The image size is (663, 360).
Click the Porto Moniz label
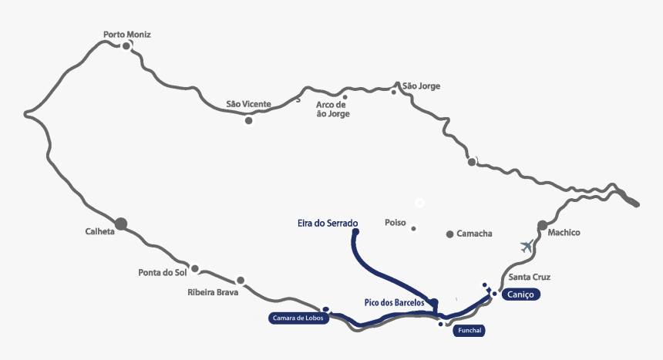(x=127, y=35)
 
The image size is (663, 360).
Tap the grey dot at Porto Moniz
(x=126, y=46)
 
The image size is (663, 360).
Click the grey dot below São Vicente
(x=248, y=120)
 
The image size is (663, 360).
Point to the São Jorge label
(x=421, y=86)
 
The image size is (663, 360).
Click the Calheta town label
(x=99, y=231)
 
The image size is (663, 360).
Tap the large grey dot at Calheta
(x=121, y=224)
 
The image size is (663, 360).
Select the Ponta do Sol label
(x=163, y=272)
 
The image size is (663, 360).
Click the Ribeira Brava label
(x=213, y=292)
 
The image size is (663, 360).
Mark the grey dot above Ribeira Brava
(x=241, y=281)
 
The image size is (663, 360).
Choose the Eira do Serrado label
(x=328, y=224)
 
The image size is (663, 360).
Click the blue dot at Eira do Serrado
(x=355, y=231)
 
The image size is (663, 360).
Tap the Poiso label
(x=395, y=223)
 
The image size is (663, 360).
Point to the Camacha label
(x=474, y=234)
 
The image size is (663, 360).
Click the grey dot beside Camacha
(x=450, y=234)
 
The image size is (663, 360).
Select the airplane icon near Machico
(x=527, y=247)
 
